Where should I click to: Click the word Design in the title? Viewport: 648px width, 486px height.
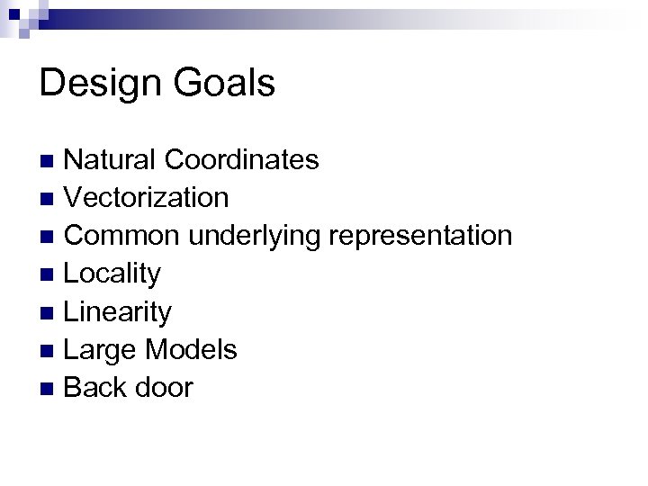click(99, 84)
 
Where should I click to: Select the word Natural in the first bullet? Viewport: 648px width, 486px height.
click(113, 160)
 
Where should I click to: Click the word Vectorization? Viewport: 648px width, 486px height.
click(147, 197)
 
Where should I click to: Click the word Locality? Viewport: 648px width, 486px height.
click(113, 274)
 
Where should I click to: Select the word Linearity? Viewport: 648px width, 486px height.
click(118, 312)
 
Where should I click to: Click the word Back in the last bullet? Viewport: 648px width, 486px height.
click(97, 388)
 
